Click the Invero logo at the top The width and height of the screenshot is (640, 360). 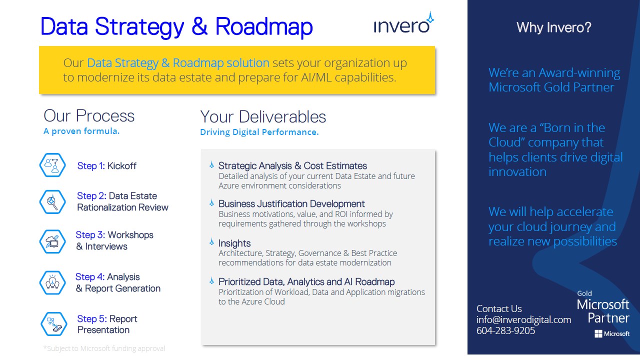pyautogui.click(x=403, y=23)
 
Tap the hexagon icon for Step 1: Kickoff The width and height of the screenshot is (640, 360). pyautogui.click(x=52, y=165)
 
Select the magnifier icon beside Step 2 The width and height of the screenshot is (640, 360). pyautogui.click(x=52, y=202)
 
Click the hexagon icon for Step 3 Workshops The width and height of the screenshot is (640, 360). pyautogui.click(x=52, y=241)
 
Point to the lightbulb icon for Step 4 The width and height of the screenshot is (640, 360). pyautogui.click(x=52, y=282)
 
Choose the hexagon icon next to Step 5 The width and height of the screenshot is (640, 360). pyautogui.click(x=53, y=324)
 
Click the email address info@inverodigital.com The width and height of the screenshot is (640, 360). pyautogui.click(x=523, y=319)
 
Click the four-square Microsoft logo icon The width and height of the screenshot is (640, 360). pyautogui.click(x=598, y=333)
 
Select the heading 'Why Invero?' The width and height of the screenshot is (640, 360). pyautogui.click(x=553, y=27)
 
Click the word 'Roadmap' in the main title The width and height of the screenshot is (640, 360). pyautogui.click(x=264, y=26)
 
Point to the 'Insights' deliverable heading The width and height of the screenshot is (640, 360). pyautogui.click(x=234, y=243)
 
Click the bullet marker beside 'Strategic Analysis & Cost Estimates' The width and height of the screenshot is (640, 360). pyautogui.click(x=211, y=165)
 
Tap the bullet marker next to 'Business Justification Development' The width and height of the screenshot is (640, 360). pyautogui.click(x=211, y=203)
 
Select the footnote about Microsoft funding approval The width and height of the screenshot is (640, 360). pyautogui.click(x=104, y=348)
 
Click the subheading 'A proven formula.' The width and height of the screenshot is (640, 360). pyautogui.click(x=81, y=131)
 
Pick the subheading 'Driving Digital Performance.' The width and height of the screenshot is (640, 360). pyautogui.click(x=259, y=132)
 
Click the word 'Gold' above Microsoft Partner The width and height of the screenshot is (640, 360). pyautogui.click(x=584, y=293)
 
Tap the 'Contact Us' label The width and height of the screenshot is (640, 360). pyautogui.click(x=499, y=308)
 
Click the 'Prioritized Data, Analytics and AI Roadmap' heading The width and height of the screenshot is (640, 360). pyautogui.click(x=306, y=281)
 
